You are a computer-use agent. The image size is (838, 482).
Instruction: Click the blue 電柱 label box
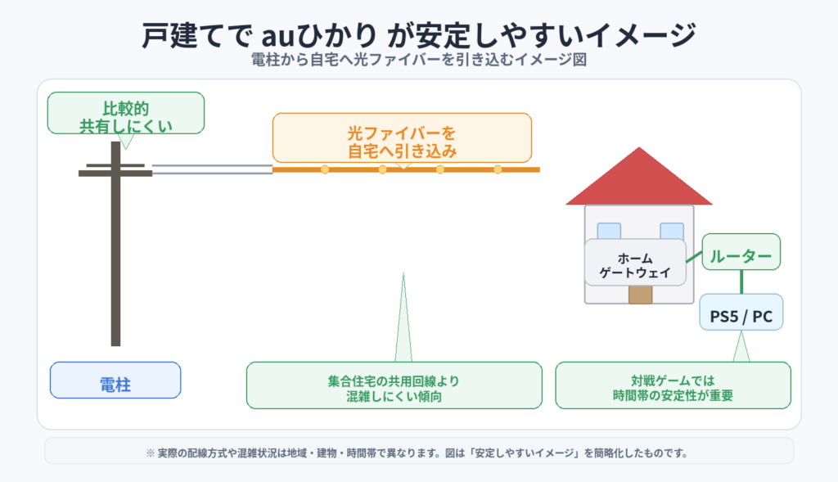(115, 380)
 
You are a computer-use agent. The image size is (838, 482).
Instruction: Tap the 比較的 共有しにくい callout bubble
(125, 113)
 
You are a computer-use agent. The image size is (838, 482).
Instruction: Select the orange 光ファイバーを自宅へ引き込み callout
(402, 137)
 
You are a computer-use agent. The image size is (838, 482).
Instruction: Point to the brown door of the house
(640, 294)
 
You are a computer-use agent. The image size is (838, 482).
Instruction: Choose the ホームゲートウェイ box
(635, 262)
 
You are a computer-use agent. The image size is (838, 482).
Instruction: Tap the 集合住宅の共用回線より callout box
(394, 385)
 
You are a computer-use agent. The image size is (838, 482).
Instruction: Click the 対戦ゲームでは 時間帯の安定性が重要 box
(673, 385)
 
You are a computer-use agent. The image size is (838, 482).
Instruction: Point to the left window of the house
(609, 230)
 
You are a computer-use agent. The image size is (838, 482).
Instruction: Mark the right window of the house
(672, 230)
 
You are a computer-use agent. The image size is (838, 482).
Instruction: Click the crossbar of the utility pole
(115, 172)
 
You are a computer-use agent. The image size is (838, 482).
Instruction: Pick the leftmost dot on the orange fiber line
(325, 169)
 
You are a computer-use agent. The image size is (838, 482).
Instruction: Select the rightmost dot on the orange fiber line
(498, 169)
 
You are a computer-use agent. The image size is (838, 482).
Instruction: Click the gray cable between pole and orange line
(212, 169)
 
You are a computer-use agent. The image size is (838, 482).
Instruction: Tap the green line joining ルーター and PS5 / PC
(741, 282)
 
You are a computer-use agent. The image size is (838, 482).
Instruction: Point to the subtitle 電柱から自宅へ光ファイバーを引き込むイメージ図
(418, 61)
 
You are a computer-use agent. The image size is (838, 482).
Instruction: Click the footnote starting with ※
(418, 452)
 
